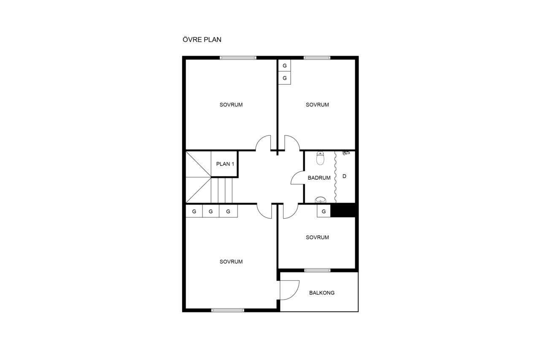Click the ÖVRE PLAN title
202,39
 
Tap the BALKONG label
322,293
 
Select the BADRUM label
319,178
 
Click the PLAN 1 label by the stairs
225,164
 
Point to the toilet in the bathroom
320,158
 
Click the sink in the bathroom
320,200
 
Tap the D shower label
344,176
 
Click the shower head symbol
346,153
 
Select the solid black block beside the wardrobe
343,210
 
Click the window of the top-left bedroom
238,58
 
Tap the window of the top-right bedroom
317,58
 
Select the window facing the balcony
317,270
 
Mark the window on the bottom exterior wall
227,310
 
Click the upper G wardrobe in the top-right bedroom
285,65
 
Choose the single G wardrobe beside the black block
324,211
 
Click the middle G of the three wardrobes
211,211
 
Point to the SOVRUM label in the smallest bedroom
317,237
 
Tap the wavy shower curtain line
335,177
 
